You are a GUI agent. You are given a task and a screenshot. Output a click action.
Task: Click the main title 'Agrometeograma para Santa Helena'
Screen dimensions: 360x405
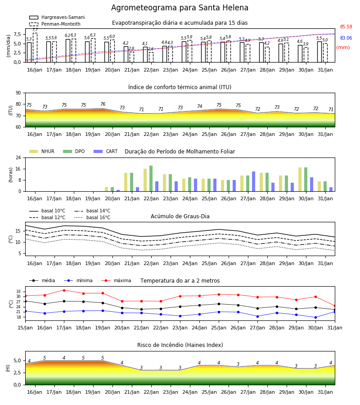[x=180, y=8]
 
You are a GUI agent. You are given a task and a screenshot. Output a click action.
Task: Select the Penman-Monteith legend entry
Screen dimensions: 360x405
[x=55, y=24]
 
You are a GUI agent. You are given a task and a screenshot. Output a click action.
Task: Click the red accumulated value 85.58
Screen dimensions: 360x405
[x=346, y=27]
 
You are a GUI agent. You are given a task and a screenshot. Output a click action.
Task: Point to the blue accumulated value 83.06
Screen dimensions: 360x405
[x=346, y=38]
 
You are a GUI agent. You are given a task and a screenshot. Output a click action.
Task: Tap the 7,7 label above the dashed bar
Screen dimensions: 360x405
[x=35, y=30]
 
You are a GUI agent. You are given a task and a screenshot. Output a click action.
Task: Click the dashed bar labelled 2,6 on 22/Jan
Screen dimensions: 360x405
[x=151, y=57]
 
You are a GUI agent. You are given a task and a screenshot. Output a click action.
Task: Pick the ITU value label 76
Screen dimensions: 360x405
[x=103, y=104]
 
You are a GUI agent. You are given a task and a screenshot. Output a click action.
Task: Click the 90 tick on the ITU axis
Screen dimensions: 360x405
[x=18, y=93]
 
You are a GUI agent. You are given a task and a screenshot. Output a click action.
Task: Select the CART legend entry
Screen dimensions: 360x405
[x=106, y=151]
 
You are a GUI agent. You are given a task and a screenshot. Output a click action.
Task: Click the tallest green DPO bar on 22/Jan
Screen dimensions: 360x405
[x=151, y=179]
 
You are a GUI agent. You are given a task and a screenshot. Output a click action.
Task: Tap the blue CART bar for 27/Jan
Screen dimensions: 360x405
[x=254, y=182]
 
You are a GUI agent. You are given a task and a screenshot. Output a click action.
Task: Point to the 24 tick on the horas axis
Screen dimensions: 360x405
[x=18, y=157]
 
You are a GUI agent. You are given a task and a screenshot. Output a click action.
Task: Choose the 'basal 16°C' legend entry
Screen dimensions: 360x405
[x=92, y=217]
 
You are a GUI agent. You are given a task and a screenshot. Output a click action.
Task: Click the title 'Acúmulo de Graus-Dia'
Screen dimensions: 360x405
[x=180, y=216]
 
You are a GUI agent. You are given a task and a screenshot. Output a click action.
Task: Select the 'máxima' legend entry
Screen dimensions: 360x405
[x=116, y=280]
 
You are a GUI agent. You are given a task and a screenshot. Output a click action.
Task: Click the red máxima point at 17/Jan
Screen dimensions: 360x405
[x=64, y=290]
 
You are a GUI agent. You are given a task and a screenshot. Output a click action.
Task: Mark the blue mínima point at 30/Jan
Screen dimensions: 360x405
[x=315, y=317]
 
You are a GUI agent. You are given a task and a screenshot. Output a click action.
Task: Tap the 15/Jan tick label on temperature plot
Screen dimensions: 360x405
[x=25, y=328]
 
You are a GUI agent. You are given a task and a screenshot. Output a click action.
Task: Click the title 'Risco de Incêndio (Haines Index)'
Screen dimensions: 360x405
[x=180, y=345]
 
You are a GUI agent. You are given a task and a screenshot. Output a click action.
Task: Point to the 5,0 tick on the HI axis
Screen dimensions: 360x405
[x=18, y=361]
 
